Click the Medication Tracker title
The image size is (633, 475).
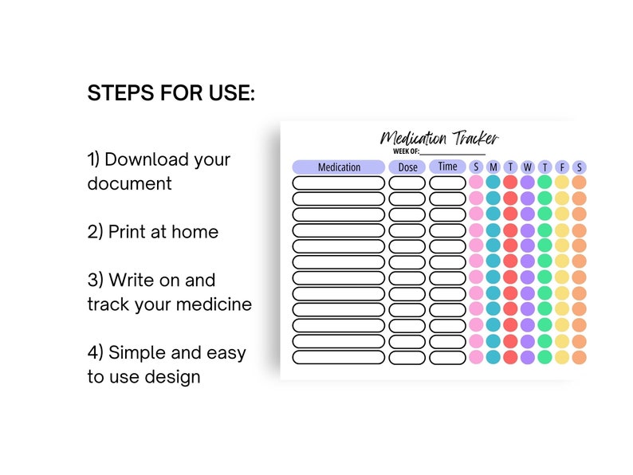click(439, 138)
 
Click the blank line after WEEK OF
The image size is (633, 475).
click(452, 151)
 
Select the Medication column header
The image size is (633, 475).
click(339, 167)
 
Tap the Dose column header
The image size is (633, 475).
click(407, 167)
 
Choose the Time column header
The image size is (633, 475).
click(447, 167)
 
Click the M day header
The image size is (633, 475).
click(493, 167)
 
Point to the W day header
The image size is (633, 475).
click(527, 167)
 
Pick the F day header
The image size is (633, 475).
click(562, 167)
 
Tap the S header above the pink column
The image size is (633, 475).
click(476, 167)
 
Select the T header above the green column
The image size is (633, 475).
click(545, 167)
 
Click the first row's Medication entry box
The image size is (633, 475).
click(338, 183)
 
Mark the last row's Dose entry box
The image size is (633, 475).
click(407, 357)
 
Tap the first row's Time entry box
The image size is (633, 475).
click(447, 183)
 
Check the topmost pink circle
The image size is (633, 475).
click(476, 182)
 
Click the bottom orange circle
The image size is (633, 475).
click(579, 357)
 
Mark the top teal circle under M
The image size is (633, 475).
click(493, 182)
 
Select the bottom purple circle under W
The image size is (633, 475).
click(527, 357)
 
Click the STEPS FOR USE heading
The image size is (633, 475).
click(171, 93)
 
